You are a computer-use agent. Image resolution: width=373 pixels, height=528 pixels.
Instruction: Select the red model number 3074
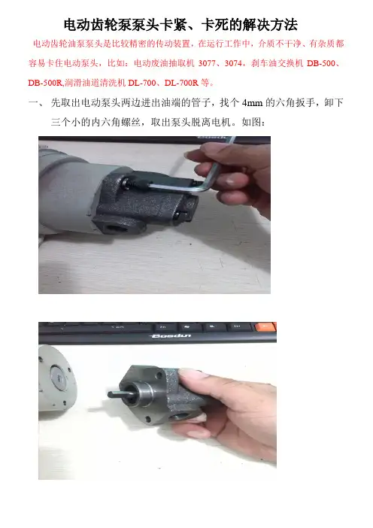point(234,63)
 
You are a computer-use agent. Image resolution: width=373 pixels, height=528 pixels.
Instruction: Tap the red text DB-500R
point(45,83)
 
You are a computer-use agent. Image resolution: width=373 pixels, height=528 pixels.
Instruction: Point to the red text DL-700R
point(181,83)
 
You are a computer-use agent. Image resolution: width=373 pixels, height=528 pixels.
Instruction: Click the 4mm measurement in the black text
point(252,103)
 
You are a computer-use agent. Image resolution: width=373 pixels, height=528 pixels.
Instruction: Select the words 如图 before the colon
point(251,122)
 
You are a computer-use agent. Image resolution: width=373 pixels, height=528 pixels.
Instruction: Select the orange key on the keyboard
point(266,326)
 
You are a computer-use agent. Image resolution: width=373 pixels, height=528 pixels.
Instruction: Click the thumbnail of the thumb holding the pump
point(191,375)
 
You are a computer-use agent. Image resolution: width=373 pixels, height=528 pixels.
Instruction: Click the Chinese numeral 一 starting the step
point(34,103)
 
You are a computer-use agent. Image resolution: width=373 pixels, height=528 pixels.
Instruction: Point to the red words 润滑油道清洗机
point(95,83)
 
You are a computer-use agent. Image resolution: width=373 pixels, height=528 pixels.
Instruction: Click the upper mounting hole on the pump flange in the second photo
point(159,374)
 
